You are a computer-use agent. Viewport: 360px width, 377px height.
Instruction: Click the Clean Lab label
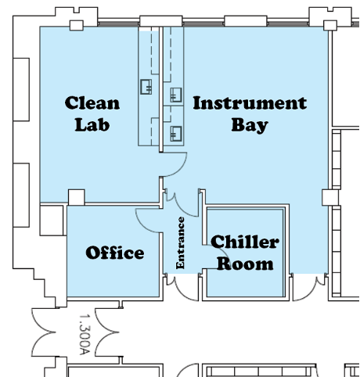(x=92, y=113)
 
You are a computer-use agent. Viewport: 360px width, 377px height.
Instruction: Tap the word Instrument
(x=249, y=103)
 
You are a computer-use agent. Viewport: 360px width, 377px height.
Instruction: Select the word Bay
(x=249, y=124)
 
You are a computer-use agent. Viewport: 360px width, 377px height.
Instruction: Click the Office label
(x=115, y=253)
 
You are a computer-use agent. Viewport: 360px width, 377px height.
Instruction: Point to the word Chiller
(x=245, y=242)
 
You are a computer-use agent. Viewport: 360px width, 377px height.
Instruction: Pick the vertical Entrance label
(x=181, y=242)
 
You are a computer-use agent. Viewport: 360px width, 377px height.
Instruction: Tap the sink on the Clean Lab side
(x=146, y=87)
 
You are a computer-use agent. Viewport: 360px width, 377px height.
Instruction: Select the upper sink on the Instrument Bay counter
(x=175, y=95)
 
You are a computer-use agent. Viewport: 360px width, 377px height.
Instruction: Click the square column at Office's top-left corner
(x=76, y=196)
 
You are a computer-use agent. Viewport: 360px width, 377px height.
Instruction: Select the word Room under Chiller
(x=245, y=264)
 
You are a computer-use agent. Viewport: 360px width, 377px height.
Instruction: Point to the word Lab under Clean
(x=92, y=124)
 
